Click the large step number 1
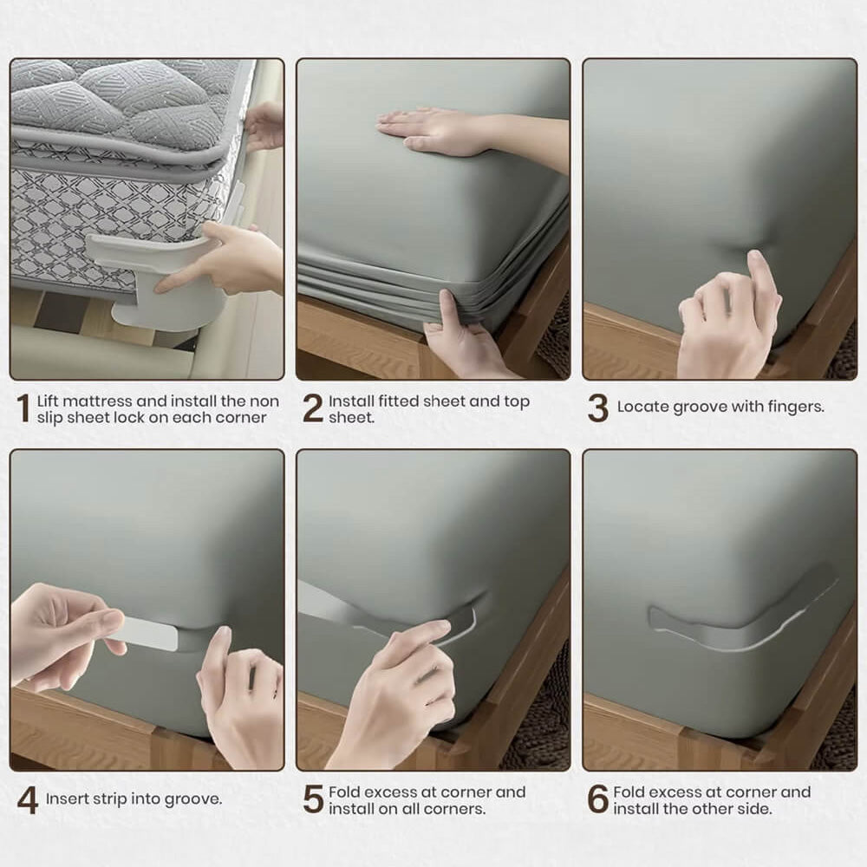[x=23, y=408]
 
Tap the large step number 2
[x=313, y=408]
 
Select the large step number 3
[x=597, y=408]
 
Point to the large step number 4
[x=28, y=800]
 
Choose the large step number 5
[x=313, y=799]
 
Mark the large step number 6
[x=597, y=799]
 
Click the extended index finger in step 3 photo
[x=761, y=277]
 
